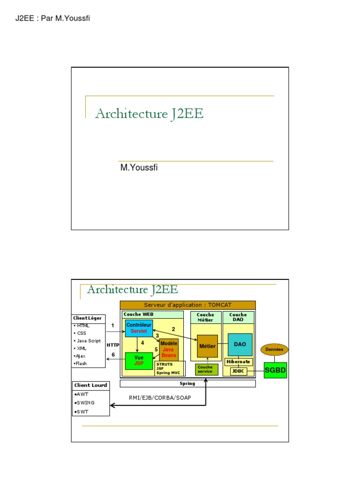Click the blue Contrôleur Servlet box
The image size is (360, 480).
tap(139, 328)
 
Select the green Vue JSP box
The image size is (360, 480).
tap(139, 360)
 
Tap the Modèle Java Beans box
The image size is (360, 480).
tap(169, 349)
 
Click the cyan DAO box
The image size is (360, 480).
tap(240, 345)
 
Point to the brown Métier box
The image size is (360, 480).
tap(207, 346)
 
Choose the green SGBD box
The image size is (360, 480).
tap(275, 370)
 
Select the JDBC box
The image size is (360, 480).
tap(239, 371)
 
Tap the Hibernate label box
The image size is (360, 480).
tap(239, 362)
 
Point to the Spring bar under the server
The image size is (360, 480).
tap(187, 383)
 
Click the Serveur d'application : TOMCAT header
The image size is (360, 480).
tap(187, 305)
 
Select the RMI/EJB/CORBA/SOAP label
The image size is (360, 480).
tap(160, 398)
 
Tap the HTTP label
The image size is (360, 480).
tap(113, 345)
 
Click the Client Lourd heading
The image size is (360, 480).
tap(90, 385)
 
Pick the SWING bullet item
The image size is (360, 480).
tap(85, 403)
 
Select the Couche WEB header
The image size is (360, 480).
tap(139, 315)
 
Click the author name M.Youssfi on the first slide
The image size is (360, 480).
tap(139, 168)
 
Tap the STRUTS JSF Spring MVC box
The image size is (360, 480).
tap(170, 368)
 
